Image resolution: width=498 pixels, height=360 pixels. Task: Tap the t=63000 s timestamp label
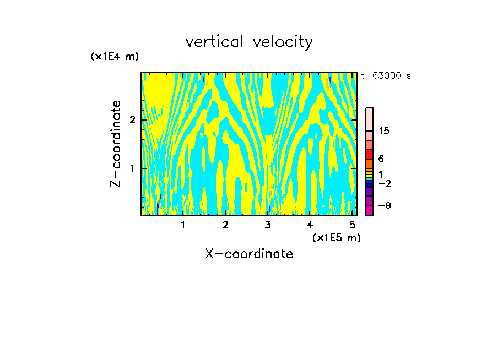pyautogui.click(x=386, y=76)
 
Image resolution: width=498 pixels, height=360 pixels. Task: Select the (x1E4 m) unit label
pyautogui.click(x=115, y=57)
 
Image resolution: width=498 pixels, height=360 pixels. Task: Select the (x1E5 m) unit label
pyautogui.click(x=336, y=237)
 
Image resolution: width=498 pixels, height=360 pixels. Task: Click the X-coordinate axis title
pyautogui.click(x=249, y=254)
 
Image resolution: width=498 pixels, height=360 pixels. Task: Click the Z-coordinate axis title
pyautogui.click(x=116, y=144)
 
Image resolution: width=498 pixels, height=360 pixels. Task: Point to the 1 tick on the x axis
pyautogui.click(x=183, y=225)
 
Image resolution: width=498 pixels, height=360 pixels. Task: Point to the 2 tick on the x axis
pyautogui.click(x=225, y=225)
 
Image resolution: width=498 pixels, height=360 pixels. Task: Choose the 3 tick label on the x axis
pyautogui.click(x=268, y=225)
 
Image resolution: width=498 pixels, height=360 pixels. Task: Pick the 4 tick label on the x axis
pyautogui.click(x=310, y=225)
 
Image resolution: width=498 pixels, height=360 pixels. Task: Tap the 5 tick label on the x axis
pyautogui.click(x=353, y=225)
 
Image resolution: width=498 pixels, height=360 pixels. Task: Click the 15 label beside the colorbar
pyautogui.click(x=384, y=131)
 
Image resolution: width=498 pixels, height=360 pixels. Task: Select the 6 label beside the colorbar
pyautogui.click(x=381, y=159)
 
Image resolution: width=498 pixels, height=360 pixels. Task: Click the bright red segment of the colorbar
pyautogui.click(x=369, y=154)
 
